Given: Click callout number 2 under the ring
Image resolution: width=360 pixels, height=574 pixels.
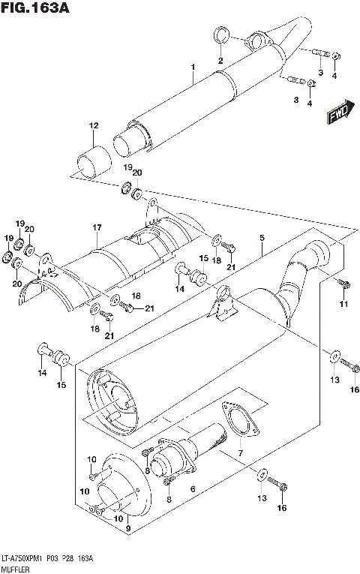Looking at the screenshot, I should pyautogui.click(x=221, y=60).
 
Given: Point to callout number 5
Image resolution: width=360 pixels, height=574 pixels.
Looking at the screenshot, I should pyautogui.click(x=262, y=239).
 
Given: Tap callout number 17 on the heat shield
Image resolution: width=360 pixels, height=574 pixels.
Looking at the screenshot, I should pyautogui.click(x=97, y=227).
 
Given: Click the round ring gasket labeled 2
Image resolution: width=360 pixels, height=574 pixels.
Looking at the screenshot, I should pyautogui.click(x=221, y=35).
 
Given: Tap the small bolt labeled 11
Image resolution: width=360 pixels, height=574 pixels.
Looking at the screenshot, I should pyautogui.click(x=343, y=284).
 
